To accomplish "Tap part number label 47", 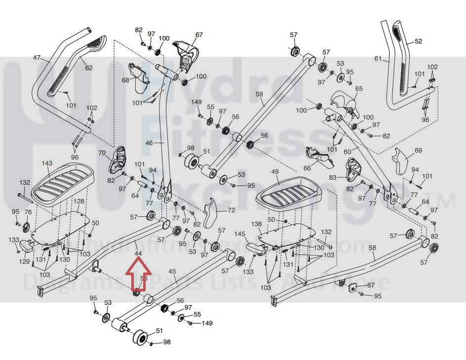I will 37,58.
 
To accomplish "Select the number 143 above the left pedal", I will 47,163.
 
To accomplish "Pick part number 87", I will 370,286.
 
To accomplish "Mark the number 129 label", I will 25,261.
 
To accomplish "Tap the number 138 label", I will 256,224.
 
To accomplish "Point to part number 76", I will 28,212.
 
